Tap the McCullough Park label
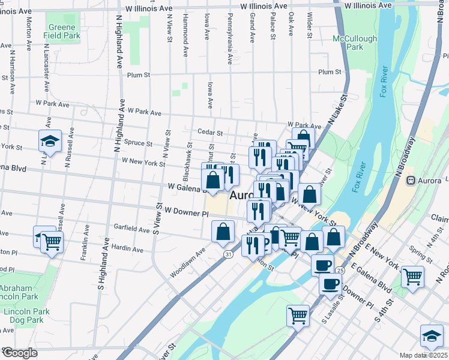355,43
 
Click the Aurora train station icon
411,180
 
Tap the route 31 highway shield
228,254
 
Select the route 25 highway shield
340,271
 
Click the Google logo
20,352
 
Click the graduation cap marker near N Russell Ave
50,141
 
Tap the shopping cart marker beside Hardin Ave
52,242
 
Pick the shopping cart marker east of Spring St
413,277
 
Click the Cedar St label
210,133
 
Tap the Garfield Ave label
132,229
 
